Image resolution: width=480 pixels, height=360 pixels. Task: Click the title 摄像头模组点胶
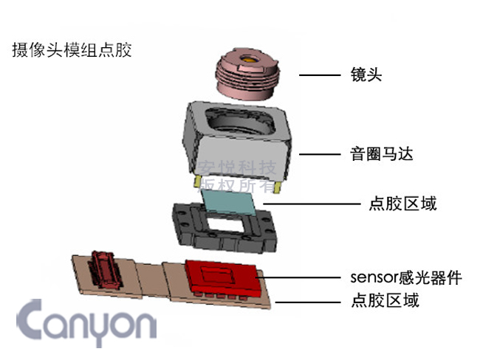(72, 51)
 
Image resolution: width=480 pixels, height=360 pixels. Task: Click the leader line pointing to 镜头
(320, 75)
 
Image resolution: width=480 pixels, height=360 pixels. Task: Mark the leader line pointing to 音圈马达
(320, 155)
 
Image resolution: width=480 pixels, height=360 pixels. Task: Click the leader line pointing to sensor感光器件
(303, 278)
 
